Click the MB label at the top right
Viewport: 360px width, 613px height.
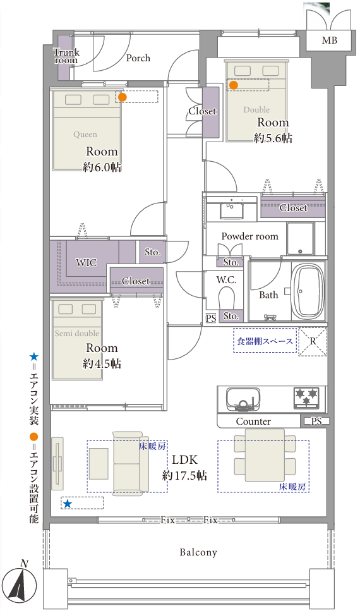(x=329, y=40)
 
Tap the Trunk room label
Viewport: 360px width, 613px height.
(x=66, y=56)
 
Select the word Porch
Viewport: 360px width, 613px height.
(x=138, y=58)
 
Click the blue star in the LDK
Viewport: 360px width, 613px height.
(x=68, y=504)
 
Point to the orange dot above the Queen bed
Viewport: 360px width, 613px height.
(x=123, y=97)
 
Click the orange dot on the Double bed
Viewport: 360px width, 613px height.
(x=233, y=85)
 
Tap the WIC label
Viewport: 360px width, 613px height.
(x=86, y=262)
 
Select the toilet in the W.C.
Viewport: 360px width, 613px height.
(x=226, y=298)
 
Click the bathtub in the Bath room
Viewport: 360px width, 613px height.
(x=309, y=291)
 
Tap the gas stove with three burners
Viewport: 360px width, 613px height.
(x=306, y=398)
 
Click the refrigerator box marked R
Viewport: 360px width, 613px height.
(x=313, y=341)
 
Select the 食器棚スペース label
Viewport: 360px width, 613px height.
(x=265, y=341)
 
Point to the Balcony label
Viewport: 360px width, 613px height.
(x=198, y=552)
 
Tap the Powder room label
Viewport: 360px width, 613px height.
(x=249, y=236)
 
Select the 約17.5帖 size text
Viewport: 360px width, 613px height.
(x=184, y=475)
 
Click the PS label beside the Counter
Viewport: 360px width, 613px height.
(x=316, y=422)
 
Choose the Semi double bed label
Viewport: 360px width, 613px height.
(x=76, y=334)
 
